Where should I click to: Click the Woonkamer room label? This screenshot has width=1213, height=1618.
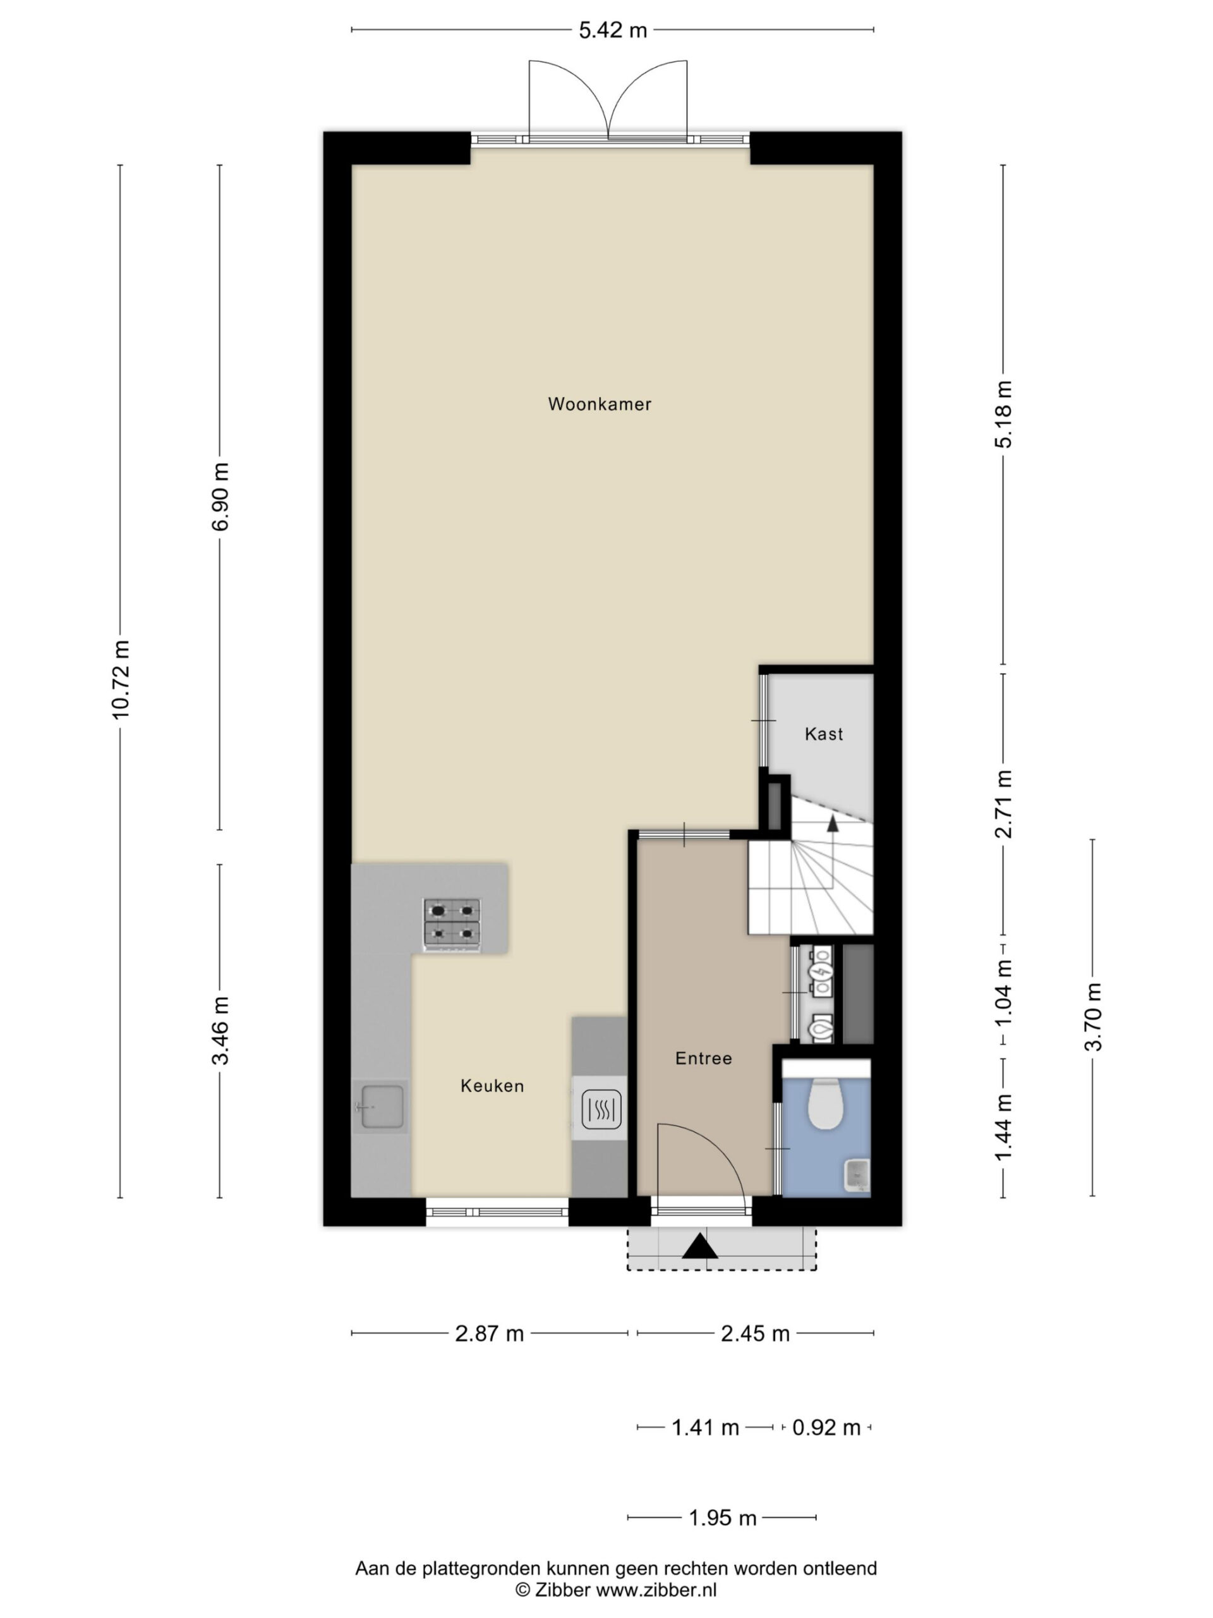[x=600, y=404]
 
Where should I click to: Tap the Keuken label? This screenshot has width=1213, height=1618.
[x=492, y=1086]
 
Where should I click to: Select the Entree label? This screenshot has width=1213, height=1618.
[x=703, y=1059]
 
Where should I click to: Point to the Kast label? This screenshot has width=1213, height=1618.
[x=824, y=734]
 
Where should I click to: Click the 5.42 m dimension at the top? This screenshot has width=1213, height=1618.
[x=613, y=30]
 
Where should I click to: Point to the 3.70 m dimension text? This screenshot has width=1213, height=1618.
[x=1093, y=1017]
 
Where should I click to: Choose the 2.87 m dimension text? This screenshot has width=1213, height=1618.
[x=489, y=1334]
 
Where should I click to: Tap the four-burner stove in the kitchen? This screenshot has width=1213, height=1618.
[x=452, y=925]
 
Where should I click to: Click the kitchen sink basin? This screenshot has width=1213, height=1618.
[x=380, y=1107]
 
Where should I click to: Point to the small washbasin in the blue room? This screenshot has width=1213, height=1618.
[x=857, y=1176]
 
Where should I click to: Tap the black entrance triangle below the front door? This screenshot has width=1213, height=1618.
[x=701, y=1246]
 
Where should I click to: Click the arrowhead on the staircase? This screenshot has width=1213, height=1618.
[x=833, y=822]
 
